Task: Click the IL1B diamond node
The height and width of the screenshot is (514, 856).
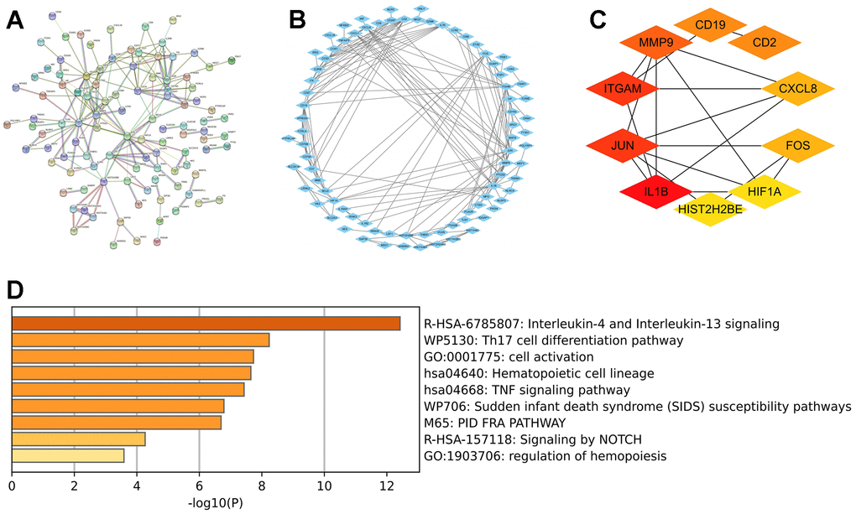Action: [655, 192]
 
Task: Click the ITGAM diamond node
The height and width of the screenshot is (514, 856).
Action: [622, 88]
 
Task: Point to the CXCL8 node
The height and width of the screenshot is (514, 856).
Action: [798, 88]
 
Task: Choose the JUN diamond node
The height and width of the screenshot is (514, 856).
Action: [622, 146]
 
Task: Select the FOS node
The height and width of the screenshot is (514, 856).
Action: [797, 146]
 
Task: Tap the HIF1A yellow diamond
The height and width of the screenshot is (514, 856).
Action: [765, 192]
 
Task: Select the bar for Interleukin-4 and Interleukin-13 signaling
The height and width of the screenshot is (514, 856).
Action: [206, 323]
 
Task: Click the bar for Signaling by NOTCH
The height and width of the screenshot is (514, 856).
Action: [79, 439]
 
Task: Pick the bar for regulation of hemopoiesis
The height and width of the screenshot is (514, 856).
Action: [68, 455]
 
